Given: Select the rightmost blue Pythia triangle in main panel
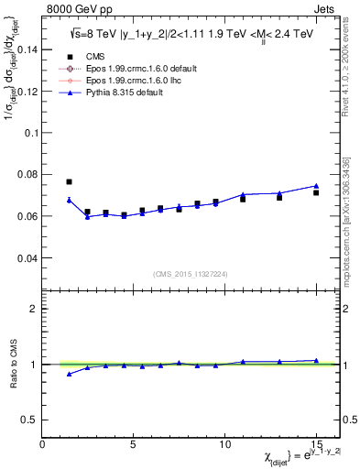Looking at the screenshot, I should click(316, 186).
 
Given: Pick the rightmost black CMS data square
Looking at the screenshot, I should click(316, 192).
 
